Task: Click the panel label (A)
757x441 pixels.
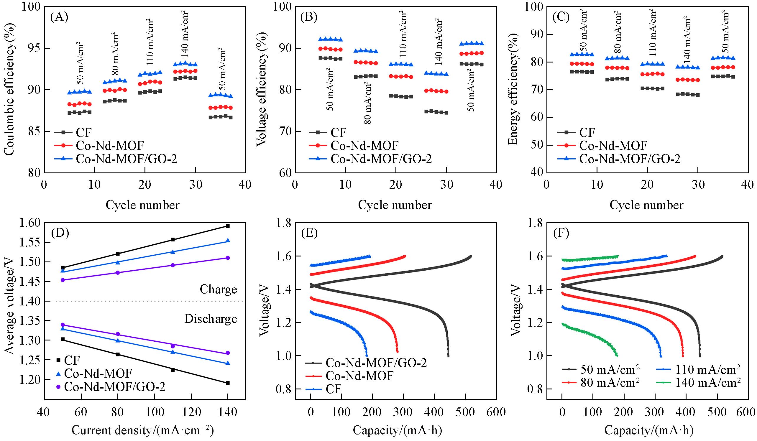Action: coord(60,18)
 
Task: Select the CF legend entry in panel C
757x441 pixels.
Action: coord(587,132)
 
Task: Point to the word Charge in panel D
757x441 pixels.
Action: coord(219,289)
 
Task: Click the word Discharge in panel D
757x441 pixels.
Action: coord(211,319)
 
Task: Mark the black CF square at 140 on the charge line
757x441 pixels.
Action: coord(228,226)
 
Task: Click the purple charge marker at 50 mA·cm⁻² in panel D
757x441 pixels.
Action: coord(63,280)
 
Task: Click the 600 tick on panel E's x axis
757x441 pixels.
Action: coord(496,412)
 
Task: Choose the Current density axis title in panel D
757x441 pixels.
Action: coord(143,430)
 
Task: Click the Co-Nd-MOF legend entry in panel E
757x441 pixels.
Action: coord(359,376)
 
